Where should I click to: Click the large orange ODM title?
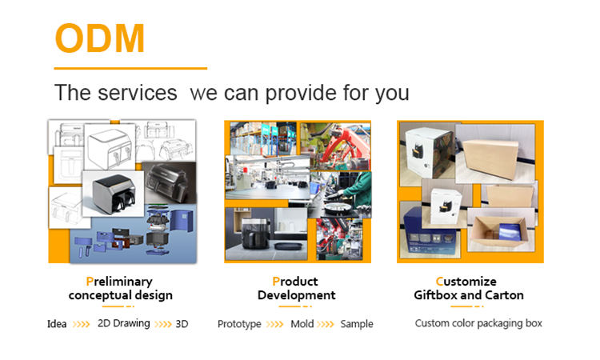tap(100, 38)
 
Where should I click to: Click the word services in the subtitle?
tap(138, 93)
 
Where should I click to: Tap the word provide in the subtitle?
tap(301, 94)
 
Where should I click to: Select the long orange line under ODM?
tap(130, 69)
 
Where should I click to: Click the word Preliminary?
tap(119, 282)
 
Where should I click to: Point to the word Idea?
tap(57, 324)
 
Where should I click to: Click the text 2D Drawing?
tap(123, 324)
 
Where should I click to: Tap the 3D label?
tap(182, 324)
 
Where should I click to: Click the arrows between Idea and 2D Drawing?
tap(81, 325)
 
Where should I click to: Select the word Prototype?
tap(239, 324)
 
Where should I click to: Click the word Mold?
tap(302, 324)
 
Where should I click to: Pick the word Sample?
tap(357, 324)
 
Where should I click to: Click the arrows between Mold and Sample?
tap(326, 325)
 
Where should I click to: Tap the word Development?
tap(297, 295)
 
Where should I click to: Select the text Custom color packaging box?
tap(478, 324)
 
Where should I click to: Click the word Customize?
tap(466, 282)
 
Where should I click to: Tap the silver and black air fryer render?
tap(114, 193)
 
